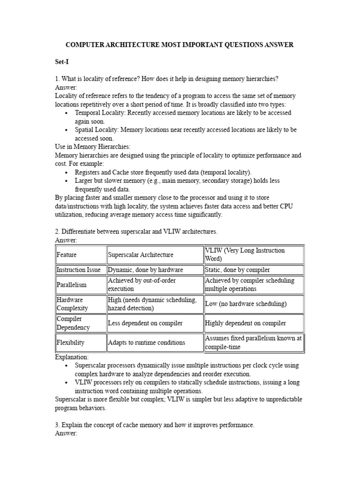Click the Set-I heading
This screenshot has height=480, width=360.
[62, 62]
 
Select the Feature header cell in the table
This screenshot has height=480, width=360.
[67, 255]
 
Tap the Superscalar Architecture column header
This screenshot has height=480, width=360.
[141, 255]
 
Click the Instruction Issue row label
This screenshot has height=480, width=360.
[78, 270]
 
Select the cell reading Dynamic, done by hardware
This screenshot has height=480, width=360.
[145, 270]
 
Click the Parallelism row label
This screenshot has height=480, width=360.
[72, 285]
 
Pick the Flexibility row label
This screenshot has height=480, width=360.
[71, 343]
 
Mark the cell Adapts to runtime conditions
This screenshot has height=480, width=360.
[146, 343]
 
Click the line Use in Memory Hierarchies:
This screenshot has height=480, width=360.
[92, 147]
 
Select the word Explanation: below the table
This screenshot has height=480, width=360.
[72, 357]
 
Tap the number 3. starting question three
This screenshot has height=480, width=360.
[58, 425]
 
